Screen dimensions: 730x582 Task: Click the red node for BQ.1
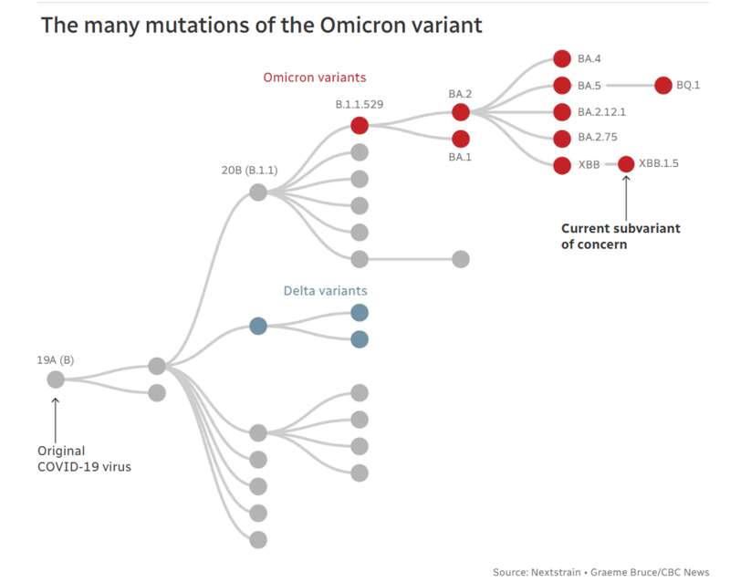(663, 85)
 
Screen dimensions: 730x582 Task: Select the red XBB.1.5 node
(626, 164)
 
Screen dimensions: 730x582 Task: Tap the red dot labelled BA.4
(562, 58)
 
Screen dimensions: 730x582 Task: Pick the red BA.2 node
(461, 112)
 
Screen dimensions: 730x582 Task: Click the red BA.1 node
(461, 139)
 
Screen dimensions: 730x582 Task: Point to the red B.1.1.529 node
(360, 125)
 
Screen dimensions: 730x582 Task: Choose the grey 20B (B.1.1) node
(258, 192)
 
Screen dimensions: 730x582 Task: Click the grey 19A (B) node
(56, 379)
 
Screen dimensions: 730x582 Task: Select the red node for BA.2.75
(562, 139)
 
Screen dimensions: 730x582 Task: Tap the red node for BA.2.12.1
(562, 112)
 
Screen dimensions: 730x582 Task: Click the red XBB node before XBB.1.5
(562, 165)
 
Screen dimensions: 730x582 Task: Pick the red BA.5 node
(562, 86)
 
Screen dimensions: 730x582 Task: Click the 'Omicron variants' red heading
(315, 78)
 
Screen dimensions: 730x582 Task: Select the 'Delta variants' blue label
(326, 291)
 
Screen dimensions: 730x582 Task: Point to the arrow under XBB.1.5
(626, 198)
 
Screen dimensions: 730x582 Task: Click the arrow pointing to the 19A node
(56, 420)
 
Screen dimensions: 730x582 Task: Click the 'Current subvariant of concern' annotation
(620, 236)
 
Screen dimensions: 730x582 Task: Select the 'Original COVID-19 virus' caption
(84, 459)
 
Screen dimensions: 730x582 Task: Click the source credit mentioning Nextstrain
(601, 572)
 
